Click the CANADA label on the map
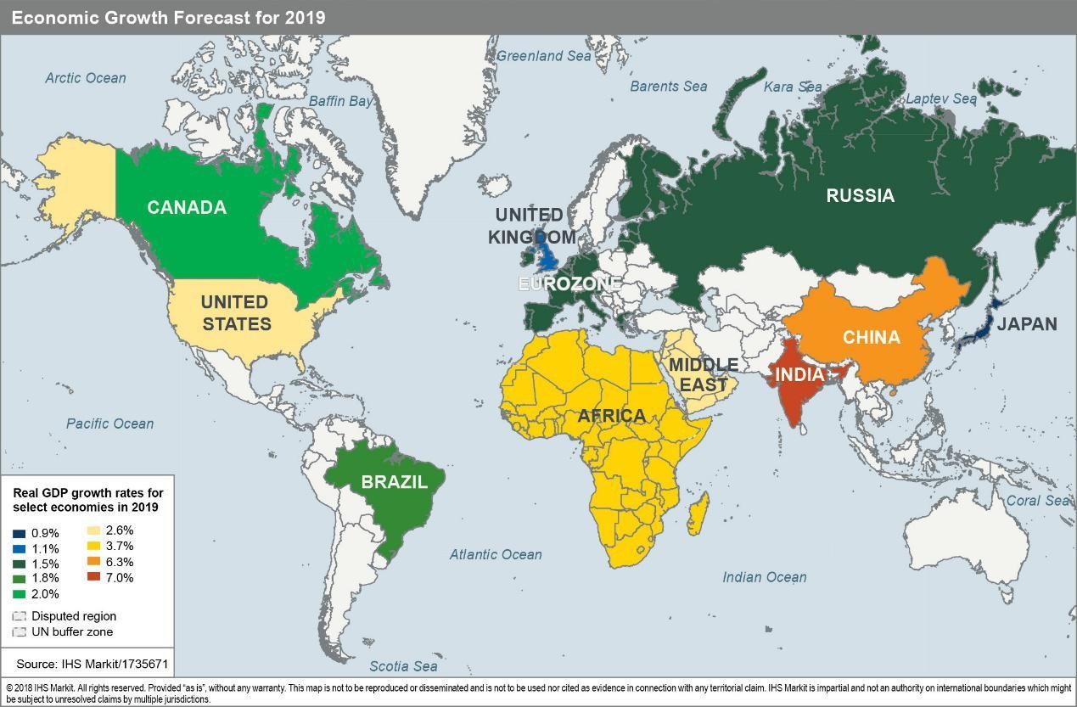click(x=187, y=208)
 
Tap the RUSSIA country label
click(x=860, y=196)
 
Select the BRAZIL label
click(x=394, y=482)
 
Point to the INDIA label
click(x=799, y=374)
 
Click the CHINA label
click(x=871, y=338)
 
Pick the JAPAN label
click(x=1026, y=324)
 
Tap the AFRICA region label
click(x=611, y=416)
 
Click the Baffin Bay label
click(x=340, y=101)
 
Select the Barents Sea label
click(x=668, y=86)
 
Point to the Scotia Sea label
click(x=403, y=666)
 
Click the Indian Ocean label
click(x=764, y=577)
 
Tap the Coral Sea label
click(x=1038, y=501)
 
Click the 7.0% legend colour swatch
click(x=93, y=578)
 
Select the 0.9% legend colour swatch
click(x=20, y=534)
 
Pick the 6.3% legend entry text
click(x=120, y=562)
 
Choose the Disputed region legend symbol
click(x=20, y=616)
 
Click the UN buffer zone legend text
click(x=72, y=632)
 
